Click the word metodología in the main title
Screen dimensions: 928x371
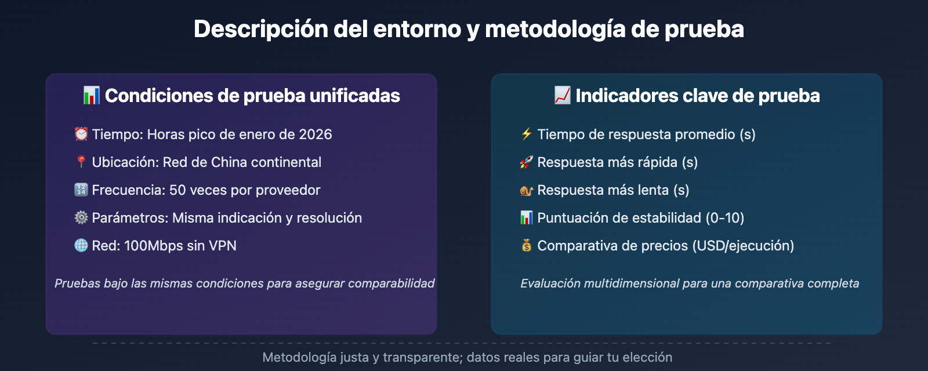click(x=554, y=30)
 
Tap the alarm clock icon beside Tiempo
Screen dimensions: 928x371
click(x=81, y=134)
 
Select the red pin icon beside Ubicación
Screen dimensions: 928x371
click(x=81, y=162)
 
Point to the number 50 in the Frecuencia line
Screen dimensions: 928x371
click(x=177, y=190)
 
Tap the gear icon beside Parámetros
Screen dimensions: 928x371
click(x=81, y=217)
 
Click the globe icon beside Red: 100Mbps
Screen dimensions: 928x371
click(x=81, y=246)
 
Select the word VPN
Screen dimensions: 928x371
click(x=223, y=246)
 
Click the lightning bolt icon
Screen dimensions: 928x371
click(x=527, y=134)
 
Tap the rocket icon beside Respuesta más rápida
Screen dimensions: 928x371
click(x=527, y=162)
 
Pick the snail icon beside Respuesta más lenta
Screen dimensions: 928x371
click(x=527, y=190)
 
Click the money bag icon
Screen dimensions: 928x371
click(x=527, y=246)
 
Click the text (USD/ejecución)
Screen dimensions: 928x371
click(x=743, y=246)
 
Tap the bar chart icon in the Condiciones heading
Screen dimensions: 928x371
click(x=91, y=96)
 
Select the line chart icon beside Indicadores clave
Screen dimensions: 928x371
click(x=562, y=96)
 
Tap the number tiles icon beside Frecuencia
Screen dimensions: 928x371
click(x=81, y=190)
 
